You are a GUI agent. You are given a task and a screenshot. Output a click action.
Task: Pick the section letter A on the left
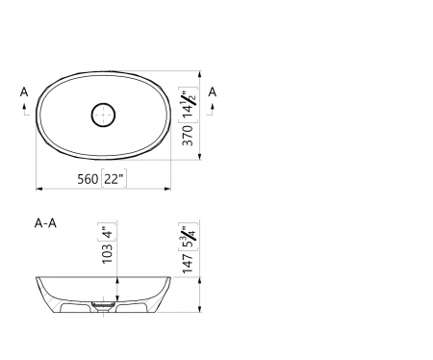click(23, 92)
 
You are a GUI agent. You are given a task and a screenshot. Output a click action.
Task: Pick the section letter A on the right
click(213, 92)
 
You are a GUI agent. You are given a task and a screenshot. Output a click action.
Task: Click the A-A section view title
click(44, 223)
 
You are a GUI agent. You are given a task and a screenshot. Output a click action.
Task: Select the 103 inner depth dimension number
click(107, 252)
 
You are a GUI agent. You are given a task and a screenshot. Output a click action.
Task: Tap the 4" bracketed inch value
click(107, 232)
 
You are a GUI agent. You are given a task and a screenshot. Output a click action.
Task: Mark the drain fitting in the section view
click(104, 307)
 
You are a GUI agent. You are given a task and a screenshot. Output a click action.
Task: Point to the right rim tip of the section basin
click(170, 276)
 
